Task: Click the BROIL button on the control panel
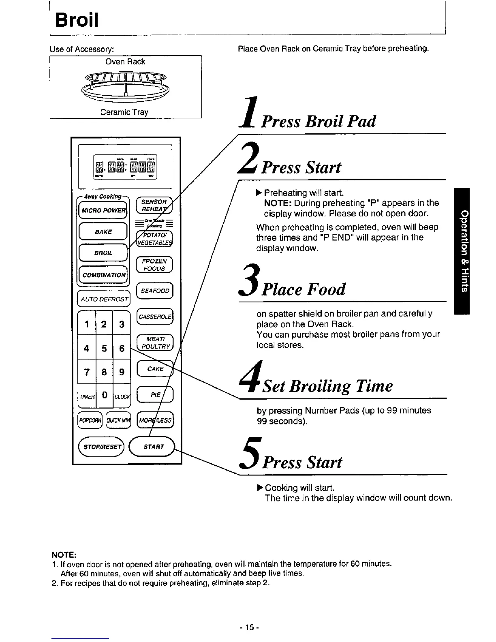(x=103, y=253)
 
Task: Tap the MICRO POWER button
(x=103, y=210)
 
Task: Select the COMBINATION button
(x=103, y=275)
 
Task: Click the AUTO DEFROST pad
(x=103, y=299)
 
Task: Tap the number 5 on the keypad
(x=104, y=348)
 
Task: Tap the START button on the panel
(x=154, y=447)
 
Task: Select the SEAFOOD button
(x=155, y=291)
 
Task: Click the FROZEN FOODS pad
(x=155, y=265)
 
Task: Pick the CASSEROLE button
(x=155, y=317)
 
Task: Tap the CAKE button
(x=155, y=369)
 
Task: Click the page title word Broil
(x=77, y=19)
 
